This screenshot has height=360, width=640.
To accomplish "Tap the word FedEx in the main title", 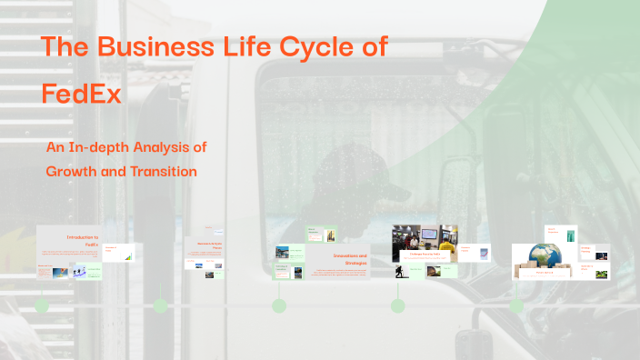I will pos(82,93).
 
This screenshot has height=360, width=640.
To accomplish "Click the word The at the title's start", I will pos(65,48).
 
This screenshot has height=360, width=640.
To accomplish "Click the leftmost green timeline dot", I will pos(42,306).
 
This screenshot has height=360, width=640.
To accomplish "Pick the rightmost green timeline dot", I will pos(516,306).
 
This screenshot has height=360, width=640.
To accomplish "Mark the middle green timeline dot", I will pos(279,306).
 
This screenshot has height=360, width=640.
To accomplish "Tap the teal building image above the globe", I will pos(571,234).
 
